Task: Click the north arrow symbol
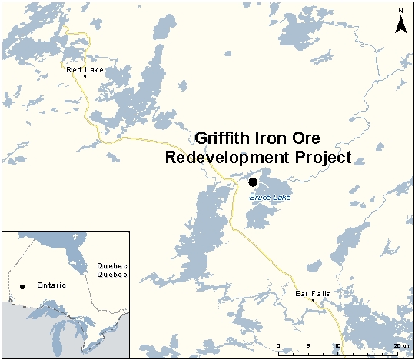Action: coord(400,25)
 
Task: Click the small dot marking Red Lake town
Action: coord(85,76)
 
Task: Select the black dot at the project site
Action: coord(253,182)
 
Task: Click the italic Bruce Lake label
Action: coord(266,197)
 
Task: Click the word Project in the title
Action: coord(319,158)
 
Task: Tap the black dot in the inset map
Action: coord(22,287)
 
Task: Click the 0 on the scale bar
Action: coord(278,346)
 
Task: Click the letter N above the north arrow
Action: coord(400,11)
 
